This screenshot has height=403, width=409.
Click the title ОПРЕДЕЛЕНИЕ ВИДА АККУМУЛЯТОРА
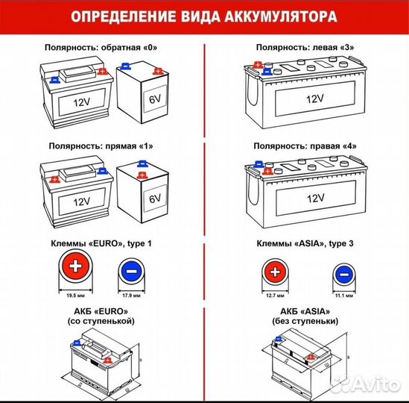point(204,15)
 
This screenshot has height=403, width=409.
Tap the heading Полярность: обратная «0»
point(103,48)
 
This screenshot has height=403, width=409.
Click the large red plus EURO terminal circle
point(74,271)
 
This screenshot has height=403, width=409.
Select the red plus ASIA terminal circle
point(275,273)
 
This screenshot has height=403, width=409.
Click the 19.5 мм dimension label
point(74,296)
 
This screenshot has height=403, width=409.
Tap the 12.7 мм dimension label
point(275,296)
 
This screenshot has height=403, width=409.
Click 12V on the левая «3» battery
point(314,99)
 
